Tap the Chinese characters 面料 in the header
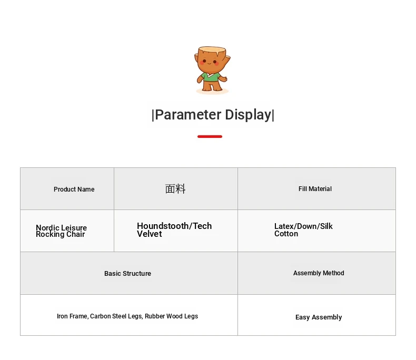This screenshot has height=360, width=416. [x=175, y=189]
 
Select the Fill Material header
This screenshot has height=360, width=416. [x=315, y=189]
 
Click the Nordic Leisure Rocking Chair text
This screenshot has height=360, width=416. [x=61, y=231]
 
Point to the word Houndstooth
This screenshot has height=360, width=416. [x=163, y=226]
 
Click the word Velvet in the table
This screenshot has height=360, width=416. [x=150, y=234]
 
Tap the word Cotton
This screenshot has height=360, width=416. [x=286, y=234]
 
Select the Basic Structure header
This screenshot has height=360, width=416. [x=127, y=273]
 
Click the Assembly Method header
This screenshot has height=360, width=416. [x=319, y=273]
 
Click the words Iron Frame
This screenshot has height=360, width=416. [x=72, y=316]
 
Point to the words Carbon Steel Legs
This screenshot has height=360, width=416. [x=116, y=316]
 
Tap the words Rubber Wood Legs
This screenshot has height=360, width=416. [x=171, y=316]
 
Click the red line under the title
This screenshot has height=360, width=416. [x=210, y=136]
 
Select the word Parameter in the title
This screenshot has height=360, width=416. [x=188, y=115]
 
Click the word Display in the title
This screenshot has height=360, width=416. [x=248, y=115]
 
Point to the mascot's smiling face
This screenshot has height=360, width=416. [x=210, y=62]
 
